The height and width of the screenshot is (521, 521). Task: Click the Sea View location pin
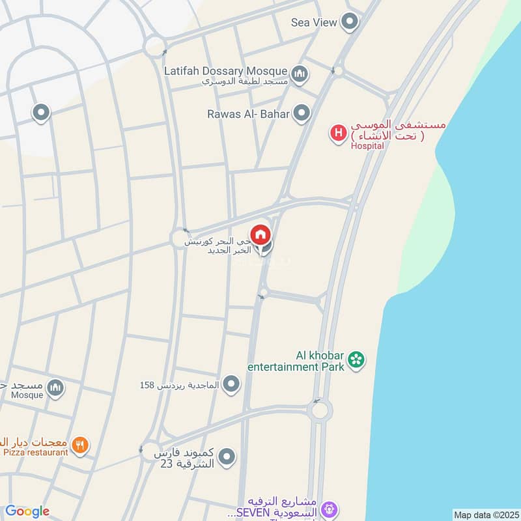(350, 21)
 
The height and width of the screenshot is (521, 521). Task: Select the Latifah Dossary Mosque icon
(300, 74)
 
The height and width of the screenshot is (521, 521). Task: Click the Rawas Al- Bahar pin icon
(301, 114)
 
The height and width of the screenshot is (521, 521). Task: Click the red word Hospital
(367, 146)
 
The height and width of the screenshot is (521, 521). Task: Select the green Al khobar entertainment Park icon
(356, 359)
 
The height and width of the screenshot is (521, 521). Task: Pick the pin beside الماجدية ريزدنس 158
(231, 385)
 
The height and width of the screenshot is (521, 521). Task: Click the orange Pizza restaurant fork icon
(80, 445)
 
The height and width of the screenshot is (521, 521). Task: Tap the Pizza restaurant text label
(36, 452)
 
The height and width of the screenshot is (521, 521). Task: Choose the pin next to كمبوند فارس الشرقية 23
(226, 457)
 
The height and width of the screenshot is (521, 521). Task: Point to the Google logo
(27, 511)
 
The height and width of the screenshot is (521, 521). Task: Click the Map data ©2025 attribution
(485, 514)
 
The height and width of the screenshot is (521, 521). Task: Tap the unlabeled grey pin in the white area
(41, 113)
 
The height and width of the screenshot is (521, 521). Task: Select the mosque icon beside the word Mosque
(56, 388)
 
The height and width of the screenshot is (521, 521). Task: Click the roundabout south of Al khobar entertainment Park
(319, 410)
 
